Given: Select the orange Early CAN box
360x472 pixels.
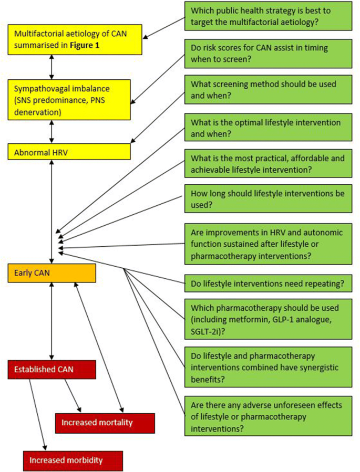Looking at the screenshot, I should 52,273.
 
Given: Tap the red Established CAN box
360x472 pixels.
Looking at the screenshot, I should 52,369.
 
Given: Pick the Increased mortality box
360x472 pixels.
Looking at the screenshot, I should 105,423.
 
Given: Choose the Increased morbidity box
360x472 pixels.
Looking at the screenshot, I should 73,460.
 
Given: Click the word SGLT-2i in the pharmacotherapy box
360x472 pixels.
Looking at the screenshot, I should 206,330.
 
